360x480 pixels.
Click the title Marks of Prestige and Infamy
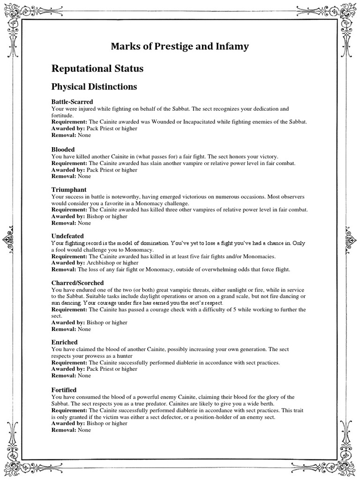[180, 46]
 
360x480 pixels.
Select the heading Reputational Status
[97, 68]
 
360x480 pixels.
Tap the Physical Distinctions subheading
[94, 87]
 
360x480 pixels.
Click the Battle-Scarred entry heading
[72, 101]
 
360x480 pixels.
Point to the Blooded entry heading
[63, 149]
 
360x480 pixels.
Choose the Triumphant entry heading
[69, 189]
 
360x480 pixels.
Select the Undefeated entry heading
[67, 236]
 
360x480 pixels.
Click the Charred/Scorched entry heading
[77, 283]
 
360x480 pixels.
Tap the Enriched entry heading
[64, 342]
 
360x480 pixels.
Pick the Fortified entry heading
[64, 390]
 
